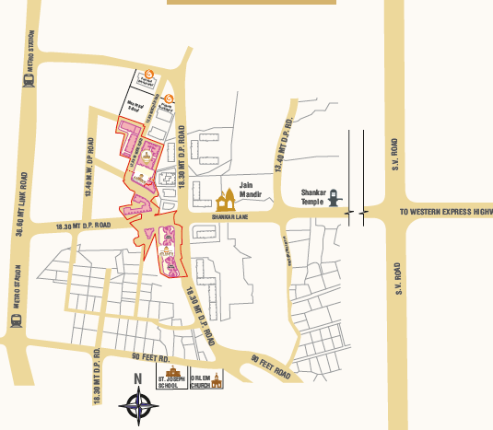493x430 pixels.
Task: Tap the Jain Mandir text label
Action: tap(252, 189)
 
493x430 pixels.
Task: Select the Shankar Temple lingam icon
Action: tap(336, 197)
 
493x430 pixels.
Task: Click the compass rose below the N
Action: tap(137, 402)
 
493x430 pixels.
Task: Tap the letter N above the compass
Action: tap(136, 378)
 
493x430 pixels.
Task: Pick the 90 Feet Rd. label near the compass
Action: tap(152, 357)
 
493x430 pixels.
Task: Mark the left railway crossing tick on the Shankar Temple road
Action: tap(348, 213)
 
